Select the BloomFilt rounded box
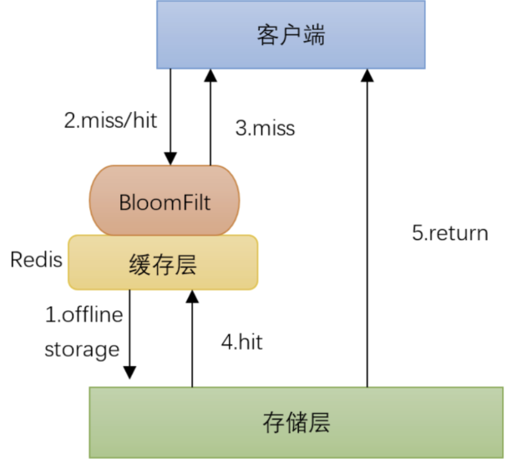164,201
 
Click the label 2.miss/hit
110,120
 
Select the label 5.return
450,232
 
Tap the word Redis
36,259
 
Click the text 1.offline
84,315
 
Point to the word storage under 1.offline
82,349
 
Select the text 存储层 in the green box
296,423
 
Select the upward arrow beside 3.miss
210,117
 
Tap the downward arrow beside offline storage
129,334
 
